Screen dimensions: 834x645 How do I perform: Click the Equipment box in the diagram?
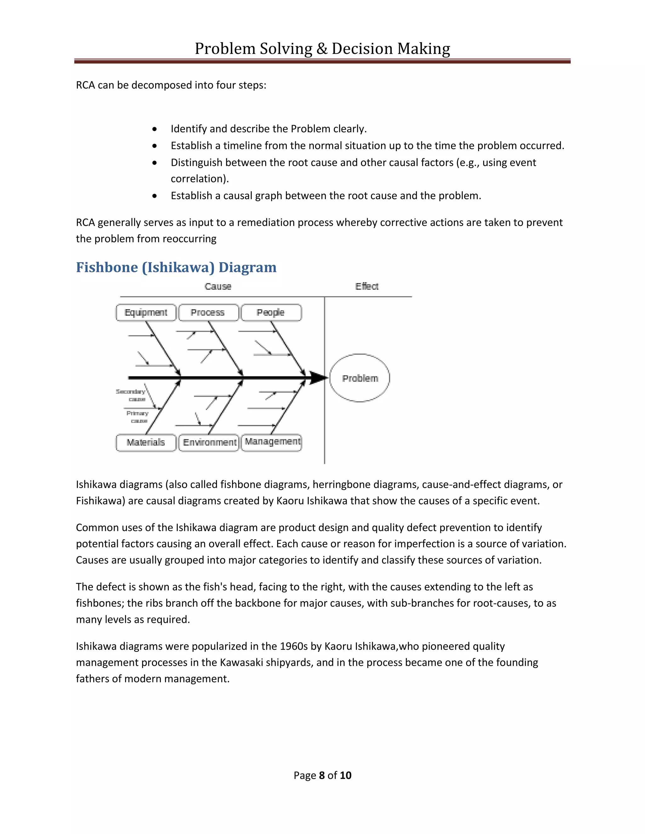click(146, 313)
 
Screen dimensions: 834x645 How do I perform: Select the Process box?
click(208, 313)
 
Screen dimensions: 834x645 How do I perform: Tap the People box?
click(271, 313)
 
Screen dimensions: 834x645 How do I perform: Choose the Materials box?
click(146, 442)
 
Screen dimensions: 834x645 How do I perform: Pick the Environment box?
click(209, 442)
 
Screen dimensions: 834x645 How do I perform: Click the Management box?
click(272, 442)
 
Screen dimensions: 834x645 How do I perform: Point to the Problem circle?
click(360, 378)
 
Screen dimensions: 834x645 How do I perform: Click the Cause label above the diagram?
click(218, 286)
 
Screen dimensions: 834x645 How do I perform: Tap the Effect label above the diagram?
click(367, 286)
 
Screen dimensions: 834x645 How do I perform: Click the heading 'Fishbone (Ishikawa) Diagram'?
click(176, 267)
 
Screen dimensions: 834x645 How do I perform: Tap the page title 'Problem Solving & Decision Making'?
click(322, 49)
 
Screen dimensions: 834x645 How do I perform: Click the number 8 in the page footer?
click(322, 775)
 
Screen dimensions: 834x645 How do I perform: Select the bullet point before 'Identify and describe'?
click(154, 129)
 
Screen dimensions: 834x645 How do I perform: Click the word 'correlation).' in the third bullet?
click(199, 179)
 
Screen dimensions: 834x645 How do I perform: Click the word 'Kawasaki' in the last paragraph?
click(242, 662)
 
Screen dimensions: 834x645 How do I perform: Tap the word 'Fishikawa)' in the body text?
click(100, 501)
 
